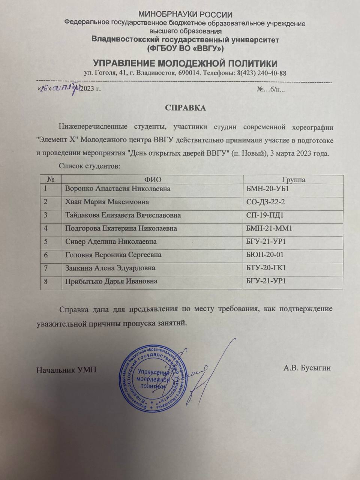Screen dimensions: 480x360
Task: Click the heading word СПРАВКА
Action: (186, 108)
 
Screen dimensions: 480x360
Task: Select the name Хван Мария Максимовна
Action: (106, 202)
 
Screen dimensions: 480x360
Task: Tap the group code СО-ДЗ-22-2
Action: (265, 202)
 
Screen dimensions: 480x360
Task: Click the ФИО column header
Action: (153, 180)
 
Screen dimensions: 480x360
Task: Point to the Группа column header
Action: (293, 180)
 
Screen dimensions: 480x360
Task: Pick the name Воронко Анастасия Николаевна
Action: (117, 189)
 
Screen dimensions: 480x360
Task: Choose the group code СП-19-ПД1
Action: (264, 215)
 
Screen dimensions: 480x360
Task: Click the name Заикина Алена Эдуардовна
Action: (110, 268)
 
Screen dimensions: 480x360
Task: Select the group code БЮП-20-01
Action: (265, 255)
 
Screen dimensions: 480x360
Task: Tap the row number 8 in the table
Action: (46, 281)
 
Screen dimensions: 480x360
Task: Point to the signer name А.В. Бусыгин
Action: (307, 368)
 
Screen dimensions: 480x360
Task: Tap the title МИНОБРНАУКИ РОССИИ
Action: (185, 15)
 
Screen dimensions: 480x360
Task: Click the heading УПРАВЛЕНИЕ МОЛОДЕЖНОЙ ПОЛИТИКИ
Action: (185, 63)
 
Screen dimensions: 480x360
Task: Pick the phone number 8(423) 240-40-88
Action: (262, 73)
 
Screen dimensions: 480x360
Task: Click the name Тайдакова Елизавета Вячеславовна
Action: (123, 215)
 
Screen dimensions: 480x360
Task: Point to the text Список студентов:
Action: (89, 166)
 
